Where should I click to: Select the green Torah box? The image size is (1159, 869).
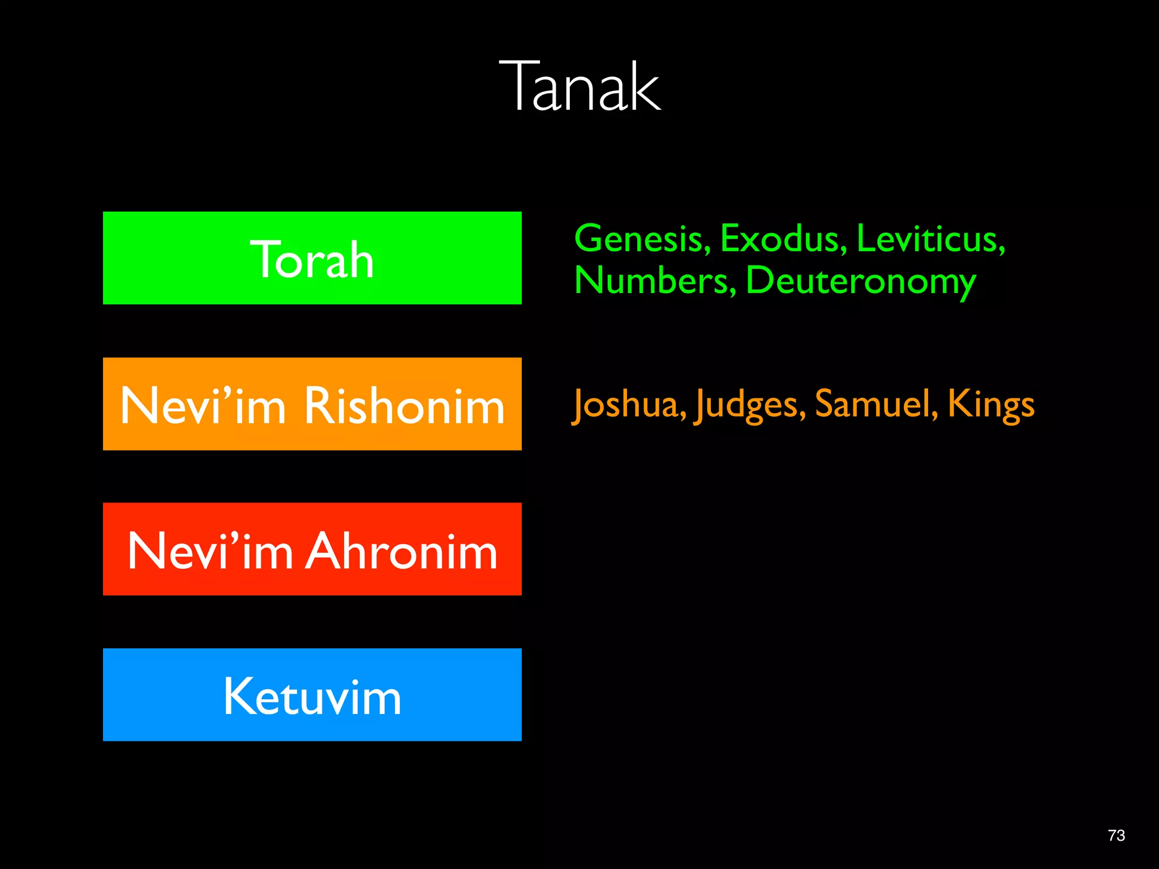(x=312, y=258)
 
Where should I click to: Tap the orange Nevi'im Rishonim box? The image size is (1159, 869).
(x=312, y=404)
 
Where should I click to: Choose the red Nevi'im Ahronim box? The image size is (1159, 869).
(x=312, y=549)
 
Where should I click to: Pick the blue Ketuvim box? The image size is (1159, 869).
(x=312, y=695)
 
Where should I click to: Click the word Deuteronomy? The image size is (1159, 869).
(x=861, y=282)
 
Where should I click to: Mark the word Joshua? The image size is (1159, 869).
(x=629, y=405)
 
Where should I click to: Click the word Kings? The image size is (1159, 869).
(x=991, y=405)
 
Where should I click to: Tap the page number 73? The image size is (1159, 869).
(x=1116, y=836)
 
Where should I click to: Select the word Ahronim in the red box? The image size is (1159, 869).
(x=401, y=551)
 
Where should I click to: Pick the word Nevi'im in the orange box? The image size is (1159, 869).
(x=203, y=406)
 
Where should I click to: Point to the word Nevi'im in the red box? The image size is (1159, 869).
(x=210, y=551)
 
